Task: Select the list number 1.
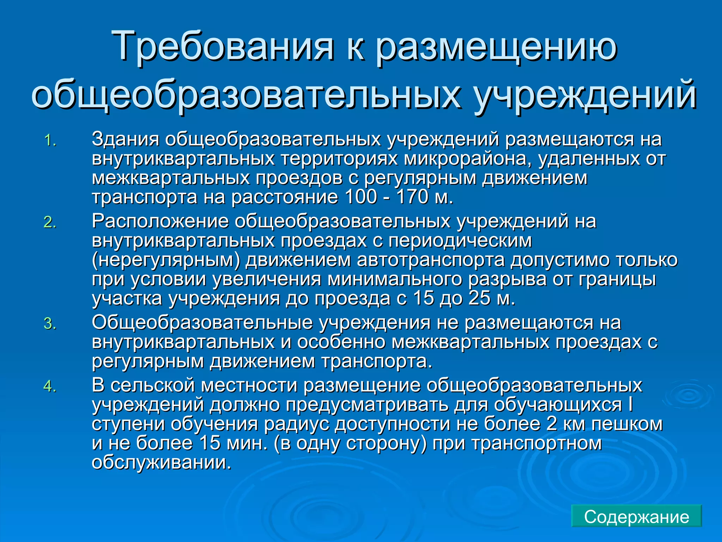50,141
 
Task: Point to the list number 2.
50,223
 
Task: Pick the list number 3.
50,324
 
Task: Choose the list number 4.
50,386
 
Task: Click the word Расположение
160,221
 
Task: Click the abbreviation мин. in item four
247,443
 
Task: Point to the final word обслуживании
161,462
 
